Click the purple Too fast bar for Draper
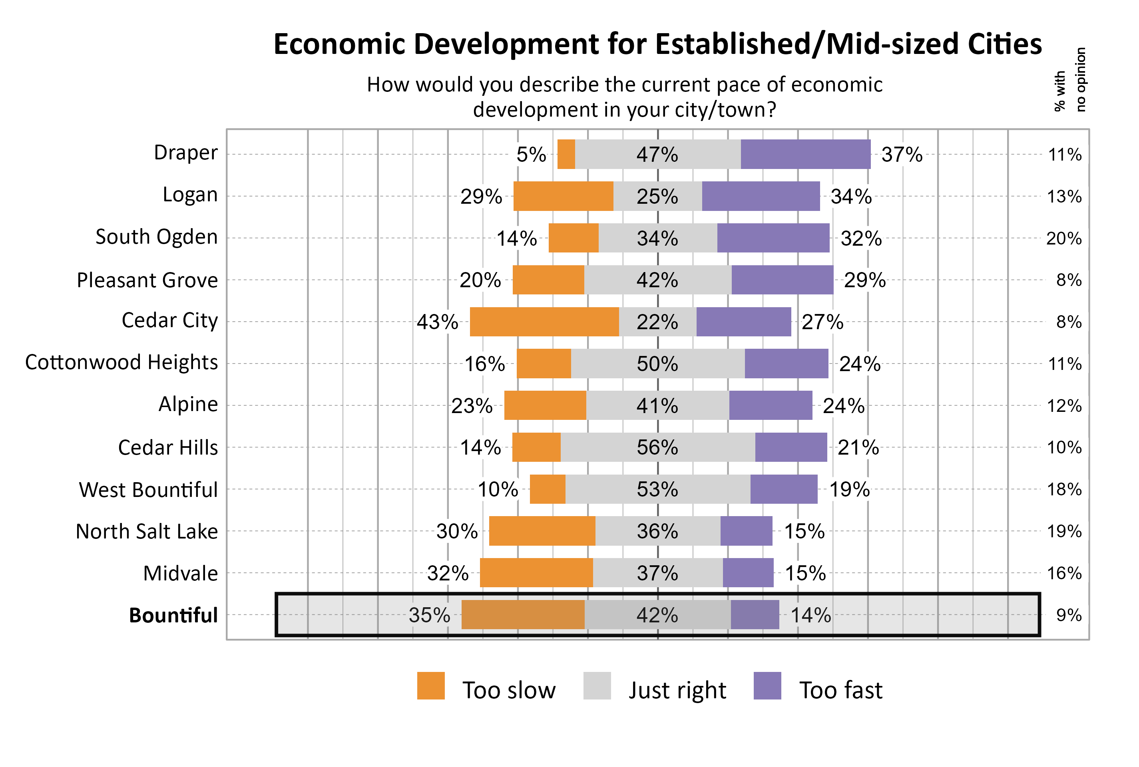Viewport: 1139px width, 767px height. pyautogui.click(x=805, y=154)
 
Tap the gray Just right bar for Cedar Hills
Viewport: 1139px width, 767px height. pyautogui.click(x=657, y=447)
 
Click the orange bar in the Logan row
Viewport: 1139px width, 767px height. pyautogui.click(x=563, y=196)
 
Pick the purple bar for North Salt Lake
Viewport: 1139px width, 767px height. pyautogui.click(x=746, y=531)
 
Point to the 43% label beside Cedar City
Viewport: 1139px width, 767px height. pyautogui.click(x=437, y=322)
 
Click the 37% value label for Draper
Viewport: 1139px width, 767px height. pyautogui.click(x=901, y=155)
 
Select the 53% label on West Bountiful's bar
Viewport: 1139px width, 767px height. pyautogui.click(x=657, y=489)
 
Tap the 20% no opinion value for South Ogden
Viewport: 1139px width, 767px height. pyautogui.click(x=1063, y=238)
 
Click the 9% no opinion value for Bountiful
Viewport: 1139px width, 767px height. pyautogui.click(x=1069, y=615)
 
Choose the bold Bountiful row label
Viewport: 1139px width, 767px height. pyautogui.click(x=173, y=615)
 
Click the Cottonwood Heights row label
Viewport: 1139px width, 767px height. pyautogui.click(x=121, y=362)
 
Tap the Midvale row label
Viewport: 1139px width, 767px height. pyautogui.click(x=180, y=573)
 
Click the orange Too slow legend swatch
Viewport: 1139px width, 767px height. pyautogui.click(x=430, y=686)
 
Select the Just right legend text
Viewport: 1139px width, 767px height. pyautogui.click(x=677, y=690)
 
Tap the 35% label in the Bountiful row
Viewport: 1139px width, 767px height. pyautogui.click(x=429, y=615)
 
